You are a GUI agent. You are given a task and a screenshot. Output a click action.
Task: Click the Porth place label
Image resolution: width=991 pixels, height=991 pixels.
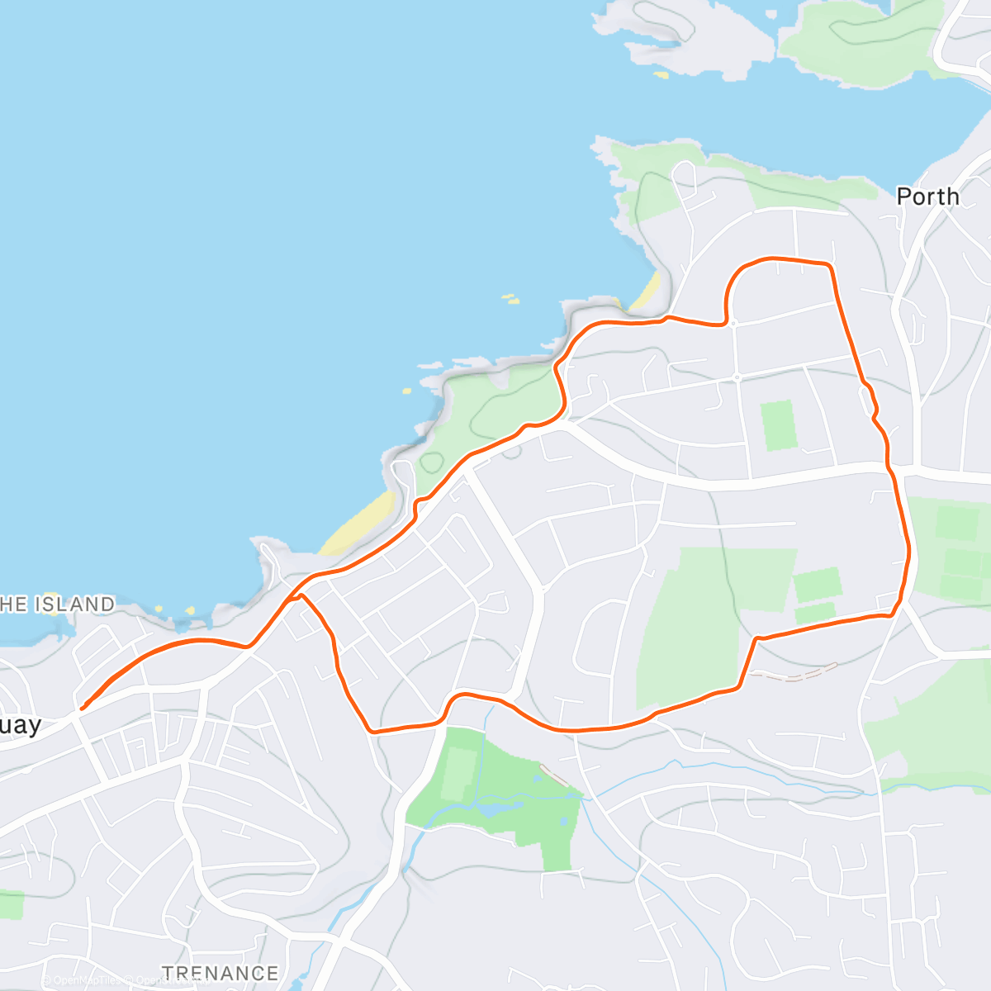pyautogui.click(x=927, y=197)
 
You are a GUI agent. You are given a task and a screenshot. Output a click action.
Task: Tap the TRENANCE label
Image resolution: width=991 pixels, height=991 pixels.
pyautogui.click(x=220, y=973)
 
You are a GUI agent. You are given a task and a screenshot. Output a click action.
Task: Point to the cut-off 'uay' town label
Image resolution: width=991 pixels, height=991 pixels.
pyautogui.click(x=20, y=725)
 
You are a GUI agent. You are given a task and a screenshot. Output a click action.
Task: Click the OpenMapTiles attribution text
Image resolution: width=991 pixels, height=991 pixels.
pyautogui.click(x=83, y=980)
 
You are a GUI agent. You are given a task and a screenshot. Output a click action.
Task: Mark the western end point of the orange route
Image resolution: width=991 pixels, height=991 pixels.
pyautogui.click(x=81, y=707)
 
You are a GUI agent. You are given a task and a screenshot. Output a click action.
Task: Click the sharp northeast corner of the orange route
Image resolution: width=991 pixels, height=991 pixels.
pyautogui.click(x=829, y=265)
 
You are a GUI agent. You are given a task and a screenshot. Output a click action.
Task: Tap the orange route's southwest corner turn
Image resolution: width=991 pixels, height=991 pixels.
pyautogui.click(x=374, y=731)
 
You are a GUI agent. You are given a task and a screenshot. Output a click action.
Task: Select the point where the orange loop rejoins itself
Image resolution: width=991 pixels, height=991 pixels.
pyautogui.click(x=297, y=596)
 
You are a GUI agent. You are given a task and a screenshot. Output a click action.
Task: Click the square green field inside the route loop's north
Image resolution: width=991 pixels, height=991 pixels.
pyautogui.click(x=778, y=425)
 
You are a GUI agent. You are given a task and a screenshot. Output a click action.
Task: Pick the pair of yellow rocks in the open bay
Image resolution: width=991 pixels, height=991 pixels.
pyautogui.click(x=511, y=298)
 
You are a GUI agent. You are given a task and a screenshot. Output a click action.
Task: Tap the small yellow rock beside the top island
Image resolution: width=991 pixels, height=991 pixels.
pyautogui.click(x=661, y=75)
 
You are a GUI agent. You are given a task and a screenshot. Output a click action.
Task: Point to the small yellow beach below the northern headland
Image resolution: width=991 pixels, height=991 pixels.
pyautogui.click(x=649, y=290)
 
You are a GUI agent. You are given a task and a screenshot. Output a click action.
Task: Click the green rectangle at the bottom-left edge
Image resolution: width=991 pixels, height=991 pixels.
pyautogui.click(x=12, y=904)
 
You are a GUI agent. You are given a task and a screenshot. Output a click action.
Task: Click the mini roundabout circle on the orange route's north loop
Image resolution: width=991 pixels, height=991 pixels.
pyautogui.click(x=733, y=323)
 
